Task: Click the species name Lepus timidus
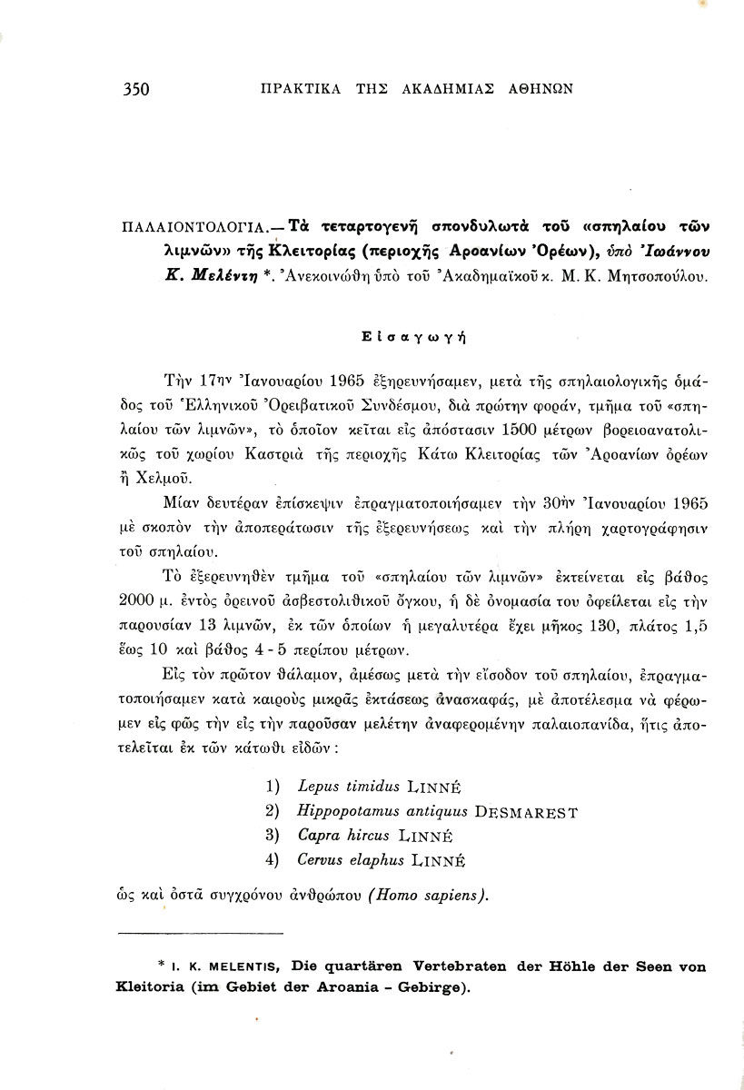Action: [x=344, y=786]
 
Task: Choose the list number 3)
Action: [x=271, y=835]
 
